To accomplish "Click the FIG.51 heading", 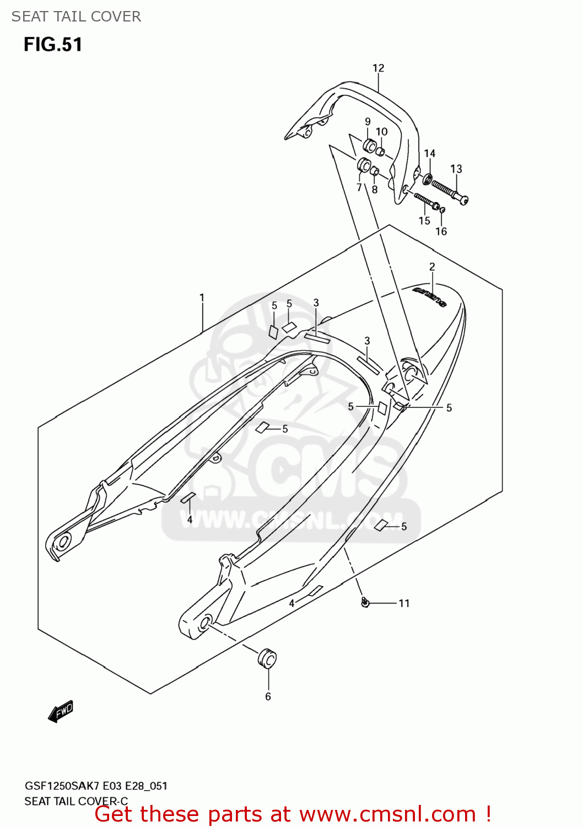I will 53,45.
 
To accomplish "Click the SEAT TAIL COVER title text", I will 76,17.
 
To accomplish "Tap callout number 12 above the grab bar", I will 378,68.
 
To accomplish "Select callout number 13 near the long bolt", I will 456,169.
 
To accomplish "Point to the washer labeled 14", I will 427,179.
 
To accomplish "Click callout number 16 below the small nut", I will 441,232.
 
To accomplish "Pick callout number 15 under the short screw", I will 424,221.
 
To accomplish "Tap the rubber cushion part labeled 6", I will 267,658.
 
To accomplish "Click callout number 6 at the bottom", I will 268,696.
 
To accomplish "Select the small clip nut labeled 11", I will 365,602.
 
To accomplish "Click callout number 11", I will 404,603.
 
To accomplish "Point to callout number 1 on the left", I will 202,298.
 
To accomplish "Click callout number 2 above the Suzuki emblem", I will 432,267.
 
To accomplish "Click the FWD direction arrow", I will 61,711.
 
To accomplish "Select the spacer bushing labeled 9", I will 369,146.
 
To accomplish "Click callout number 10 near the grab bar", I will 382,132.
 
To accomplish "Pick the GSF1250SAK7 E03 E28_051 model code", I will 96,786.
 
